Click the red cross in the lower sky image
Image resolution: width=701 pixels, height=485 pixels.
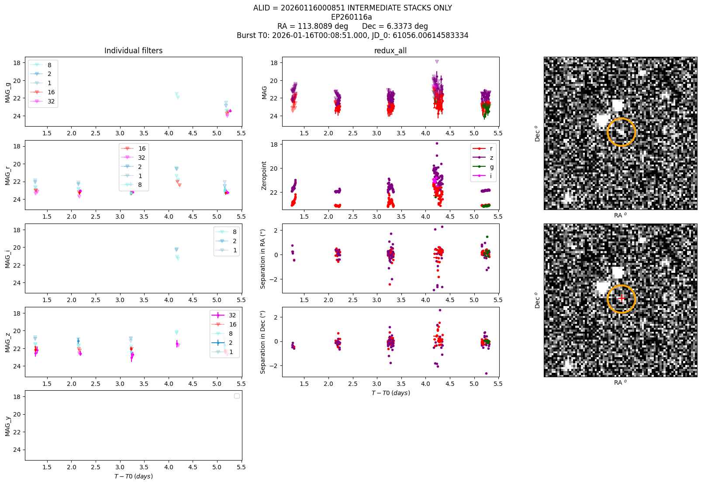click(x=622, y=299)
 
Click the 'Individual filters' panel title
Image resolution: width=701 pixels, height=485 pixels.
click(x=133, y=51)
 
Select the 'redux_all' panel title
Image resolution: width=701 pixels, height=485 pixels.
click(x=390, y=51)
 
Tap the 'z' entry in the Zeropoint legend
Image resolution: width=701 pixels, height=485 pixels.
click(x=483, y=158)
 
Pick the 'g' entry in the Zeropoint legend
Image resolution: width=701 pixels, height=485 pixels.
click(x=483, y=167)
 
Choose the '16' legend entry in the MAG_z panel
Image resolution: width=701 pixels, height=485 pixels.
click(x=224, y=324)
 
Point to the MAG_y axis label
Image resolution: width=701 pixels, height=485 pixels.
click(x=8, y=426)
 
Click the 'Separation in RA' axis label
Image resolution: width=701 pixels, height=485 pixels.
click(x=262, y=259)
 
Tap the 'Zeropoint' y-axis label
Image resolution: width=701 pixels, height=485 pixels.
click(x=264, y=175)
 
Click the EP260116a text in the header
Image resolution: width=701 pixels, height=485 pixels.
click(x=352, y=17)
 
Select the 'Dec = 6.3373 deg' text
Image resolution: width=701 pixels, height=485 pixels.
click(x=395, y=26)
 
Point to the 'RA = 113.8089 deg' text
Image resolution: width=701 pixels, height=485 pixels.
click(x=313, y=26)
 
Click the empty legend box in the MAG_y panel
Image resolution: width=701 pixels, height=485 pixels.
click(x=237, y=396)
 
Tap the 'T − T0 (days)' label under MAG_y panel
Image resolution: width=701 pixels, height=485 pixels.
click(x=134, y=476)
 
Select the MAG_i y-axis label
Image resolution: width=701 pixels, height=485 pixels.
click(x=8, y=259)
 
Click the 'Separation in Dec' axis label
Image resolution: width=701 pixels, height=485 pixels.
click(x=262, y=342)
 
